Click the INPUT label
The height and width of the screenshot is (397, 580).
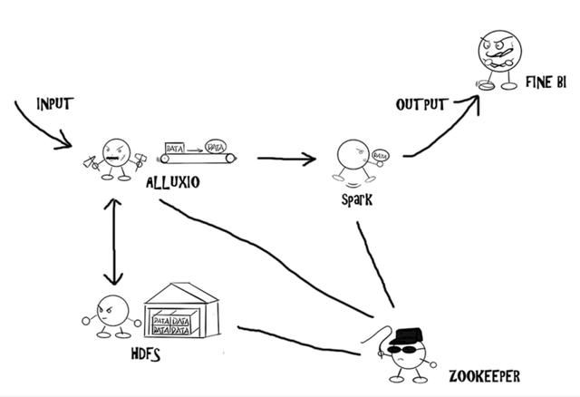pos(54,103)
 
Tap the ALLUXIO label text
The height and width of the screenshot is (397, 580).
pos(173,184)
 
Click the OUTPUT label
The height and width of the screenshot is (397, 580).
pos(420,105)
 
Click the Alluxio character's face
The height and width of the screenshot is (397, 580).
pos(116,153)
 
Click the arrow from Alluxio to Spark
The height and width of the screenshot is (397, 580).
pos(285,160)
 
